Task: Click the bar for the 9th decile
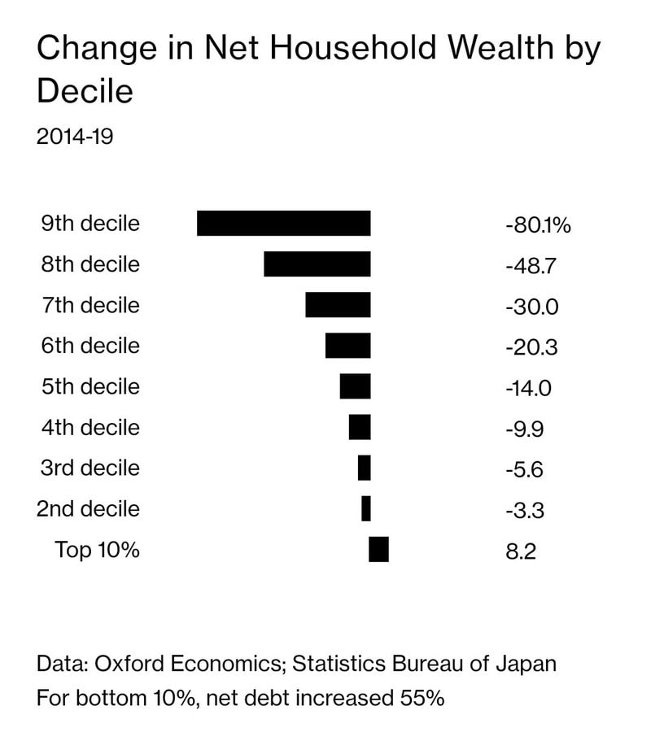283,224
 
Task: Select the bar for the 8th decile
317,264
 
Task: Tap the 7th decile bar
338,305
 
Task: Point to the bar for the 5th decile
355,386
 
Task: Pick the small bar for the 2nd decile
366,509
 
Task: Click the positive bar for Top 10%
378,550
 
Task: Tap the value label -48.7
528,266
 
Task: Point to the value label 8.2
521,551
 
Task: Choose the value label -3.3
525,511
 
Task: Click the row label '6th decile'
90,346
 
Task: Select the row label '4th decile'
90,427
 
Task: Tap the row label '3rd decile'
90,468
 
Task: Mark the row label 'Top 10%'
98,550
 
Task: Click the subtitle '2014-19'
74,136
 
